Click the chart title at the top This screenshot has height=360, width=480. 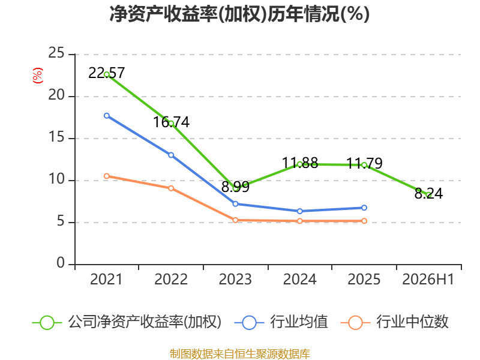coord(239,14)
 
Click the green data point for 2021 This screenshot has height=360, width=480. coord(107,74)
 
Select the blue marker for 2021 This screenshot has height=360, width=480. coord(107,116)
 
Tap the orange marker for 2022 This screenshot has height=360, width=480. coord(171,188)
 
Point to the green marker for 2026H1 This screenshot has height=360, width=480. coord(428,194)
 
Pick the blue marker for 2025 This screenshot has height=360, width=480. coord(364,208)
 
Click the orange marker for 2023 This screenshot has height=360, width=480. coord(235,220)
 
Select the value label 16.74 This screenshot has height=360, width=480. coord(171,122)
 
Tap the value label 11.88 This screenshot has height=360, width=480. coord(300,163)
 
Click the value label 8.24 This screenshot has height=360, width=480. coord(428,193)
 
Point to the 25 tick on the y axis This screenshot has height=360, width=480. coord(56,53)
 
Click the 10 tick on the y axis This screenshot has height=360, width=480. coord(56,179)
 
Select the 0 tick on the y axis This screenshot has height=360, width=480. coord(61,263)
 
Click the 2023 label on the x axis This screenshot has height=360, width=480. coord(235,279)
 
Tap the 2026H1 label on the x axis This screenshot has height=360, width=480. coord(428,279)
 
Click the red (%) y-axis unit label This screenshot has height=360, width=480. coord(38,76)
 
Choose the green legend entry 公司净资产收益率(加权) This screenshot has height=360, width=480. coord(127,322)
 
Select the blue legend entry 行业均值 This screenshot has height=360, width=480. coord(281,322)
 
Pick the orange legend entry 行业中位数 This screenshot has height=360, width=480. coord(395,322)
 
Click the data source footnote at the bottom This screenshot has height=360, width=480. coord(240,354)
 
